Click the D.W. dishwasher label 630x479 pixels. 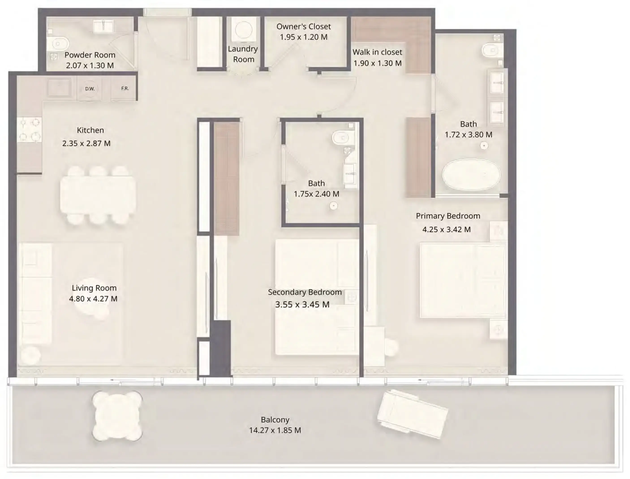pyautogui.click(x=90, y=89)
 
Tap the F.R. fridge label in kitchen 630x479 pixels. pyautogui.click(x=125, y=88)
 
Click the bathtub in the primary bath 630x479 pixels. pyautogui.click(x=471, y=175)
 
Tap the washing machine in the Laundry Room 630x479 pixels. pyautogui.click(x=243, y=30)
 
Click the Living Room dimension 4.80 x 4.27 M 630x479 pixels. pyautogui.click(x=93, y=299)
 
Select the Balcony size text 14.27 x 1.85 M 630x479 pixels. pyautogui.click(x=275, y=430)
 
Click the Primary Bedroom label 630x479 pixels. pyautogui.click(x=448, y=216)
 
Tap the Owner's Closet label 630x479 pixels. pyautogui.click(x=303, y=26)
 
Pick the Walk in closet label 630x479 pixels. pyautogui.click(x=377, y=52)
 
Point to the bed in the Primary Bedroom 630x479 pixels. pyautogui.click(x=463, y=280)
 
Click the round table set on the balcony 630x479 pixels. pyautogui.click(x=117, y=416)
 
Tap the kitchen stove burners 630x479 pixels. pyautogui.click(x=29, y=130)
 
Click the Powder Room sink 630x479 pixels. pyautogui.click(x=103, y=27)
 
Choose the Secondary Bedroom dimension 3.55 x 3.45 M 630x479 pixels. pyautogui.click(x=302, y=304)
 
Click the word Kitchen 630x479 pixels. pyautogui.click(x=90, y=130)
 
